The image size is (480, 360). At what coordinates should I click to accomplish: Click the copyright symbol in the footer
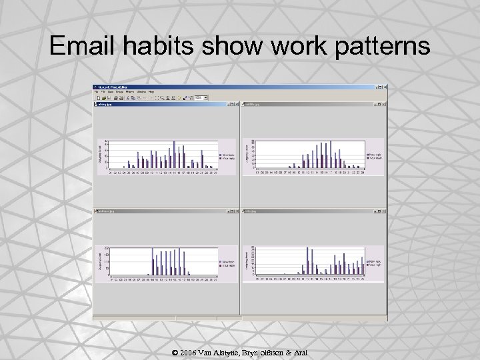pyautogui.click(x=173, y=352)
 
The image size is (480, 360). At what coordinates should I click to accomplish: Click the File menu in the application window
pyautogui.click(x=97, y=91)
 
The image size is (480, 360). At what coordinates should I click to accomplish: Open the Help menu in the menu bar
pyautogui.click(x=151, y=91)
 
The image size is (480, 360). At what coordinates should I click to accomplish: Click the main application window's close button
pyautogui.click(x=384, y=87)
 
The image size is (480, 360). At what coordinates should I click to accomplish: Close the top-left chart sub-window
pyautogui.click(x=236, y=104)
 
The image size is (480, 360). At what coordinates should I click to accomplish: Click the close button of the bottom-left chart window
pyautogui.click(x=236, y=210)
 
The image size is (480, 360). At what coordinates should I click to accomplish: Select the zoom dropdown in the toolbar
pyautogui.click(x=198, y=97)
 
